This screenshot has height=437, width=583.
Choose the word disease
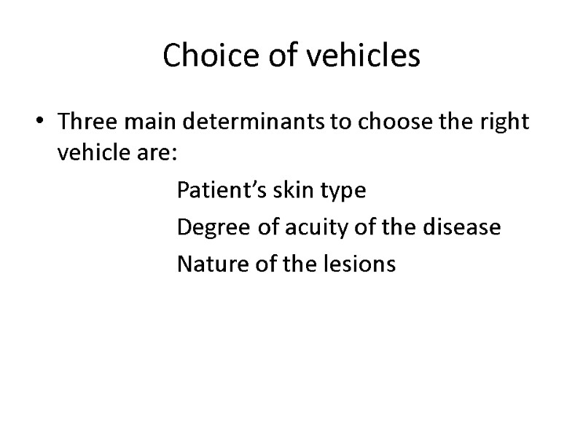464,227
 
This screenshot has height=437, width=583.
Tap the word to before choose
339,122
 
